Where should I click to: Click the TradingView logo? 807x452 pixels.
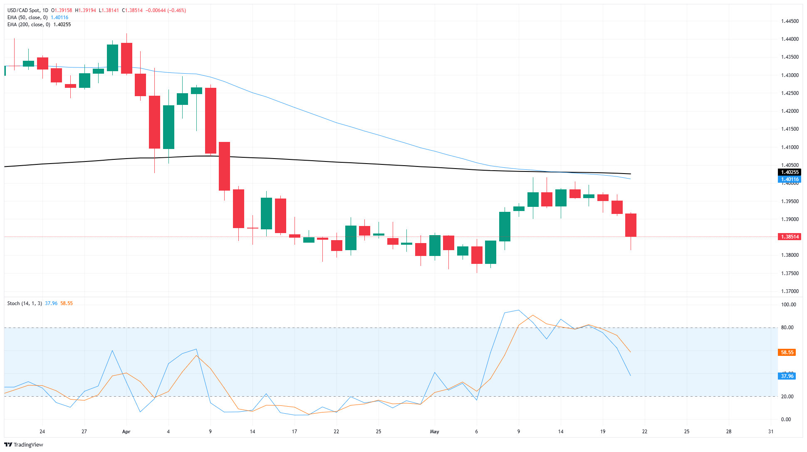[x=24, y=445]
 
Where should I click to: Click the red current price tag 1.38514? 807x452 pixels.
[x=789, y=237]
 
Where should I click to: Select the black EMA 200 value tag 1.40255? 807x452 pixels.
[x=789, y=172]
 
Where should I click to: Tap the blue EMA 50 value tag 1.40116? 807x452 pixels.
[x=789, y=179]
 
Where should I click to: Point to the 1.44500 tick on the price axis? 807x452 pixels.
[x=790, y=21]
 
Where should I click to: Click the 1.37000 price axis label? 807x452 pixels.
[x=790, y=291]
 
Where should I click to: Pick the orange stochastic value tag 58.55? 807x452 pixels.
[x=787, y=353]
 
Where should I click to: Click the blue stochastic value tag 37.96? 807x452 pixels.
[x=787, y=376]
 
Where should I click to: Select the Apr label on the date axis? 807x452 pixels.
[x=126, y=432]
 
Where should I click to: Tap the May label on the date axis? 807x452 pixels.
[x=434, y=432]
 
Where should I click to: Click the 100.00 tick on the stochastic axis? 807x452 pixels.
[x=788, y=305]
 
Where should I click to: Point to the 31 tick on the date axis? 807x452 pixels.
[x=770, y=432]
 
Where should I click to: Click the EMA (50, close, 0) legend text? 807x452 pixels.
[x=27, y=17]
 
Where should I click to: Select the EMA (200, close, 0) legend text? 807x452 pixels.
[x=29, y=25]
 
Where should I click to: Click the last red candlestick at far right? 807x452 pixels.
[x=631, y=225]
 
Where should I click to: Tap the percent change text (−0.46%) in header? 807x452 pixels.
[x=176, y=10]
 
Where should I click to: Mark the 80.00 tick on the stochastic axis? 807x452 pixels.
[x=787, y=328]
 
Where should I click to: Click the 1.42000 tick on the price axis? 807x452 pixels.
[x=790, y=111]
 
